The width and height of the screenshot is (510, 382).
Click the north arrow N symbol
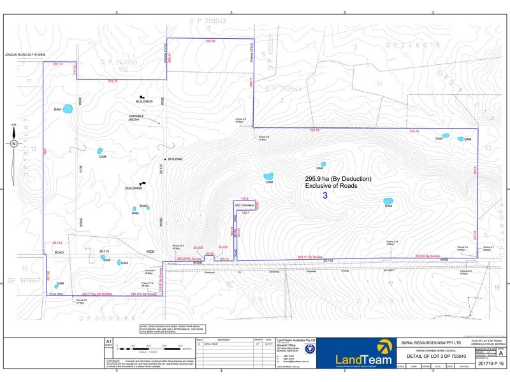click(x=13, y=143)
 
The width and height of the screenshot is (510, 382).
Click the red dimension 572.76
click(x=113, y=81)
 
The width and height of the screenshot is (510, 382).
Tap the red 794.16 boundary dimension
click(x=314, y=131)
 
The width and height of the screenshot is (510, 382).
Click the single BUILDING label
click(x=175, y=159)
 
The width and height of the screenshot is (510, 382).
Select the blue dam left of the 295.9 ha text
click(x=268, y=176)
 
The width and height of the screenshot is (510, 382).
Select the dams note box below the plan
click(x=173, y=329)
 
